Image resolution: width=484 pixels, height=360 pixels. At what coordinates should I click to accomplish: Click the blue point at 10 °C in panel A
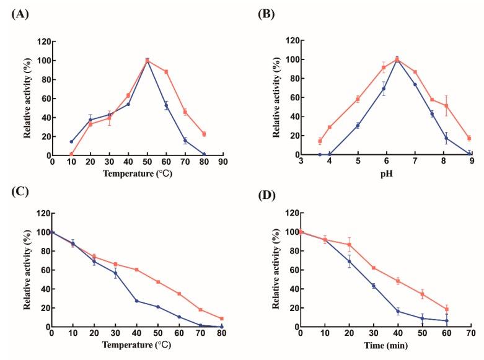71,141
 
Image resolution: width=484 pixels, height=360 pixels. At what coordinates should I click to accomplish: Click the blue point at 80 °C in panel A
204,155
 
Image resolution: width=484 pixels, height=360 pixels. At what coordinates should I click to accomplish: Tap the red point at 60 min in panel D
446,309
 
